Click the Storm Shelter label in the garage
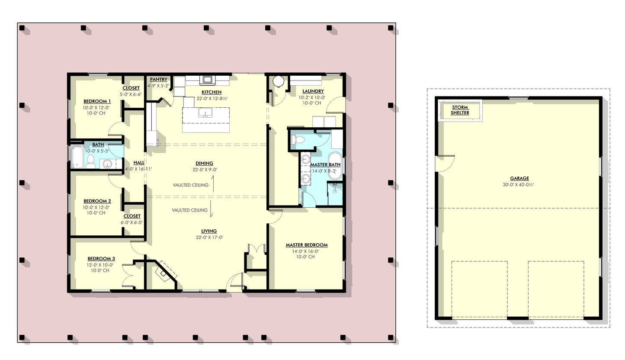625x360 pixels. [x=460, y=110]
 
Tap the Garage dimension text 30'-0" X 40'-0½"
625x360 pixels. [x=519, y=185]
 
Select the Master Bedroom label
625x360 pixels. [x=306, y=245]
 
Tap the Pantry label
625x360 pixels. [x=158, y=80]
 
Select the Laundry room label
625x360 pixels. [x=313, y=91]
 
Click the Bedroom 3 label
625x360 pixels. [x=101, y=259]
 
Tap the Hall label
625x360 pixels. [x=139, y=163]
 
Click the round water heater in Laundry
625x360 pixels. [x=278, y=81]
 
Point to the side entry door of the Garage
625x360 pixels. [x=445, y=162]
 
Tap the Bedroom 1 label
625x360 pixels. [x=97, y=101]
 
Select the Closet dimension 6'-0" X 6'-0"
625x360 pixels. [x=131, y=223]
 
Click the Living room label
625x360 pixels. [x=208, y=231]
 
